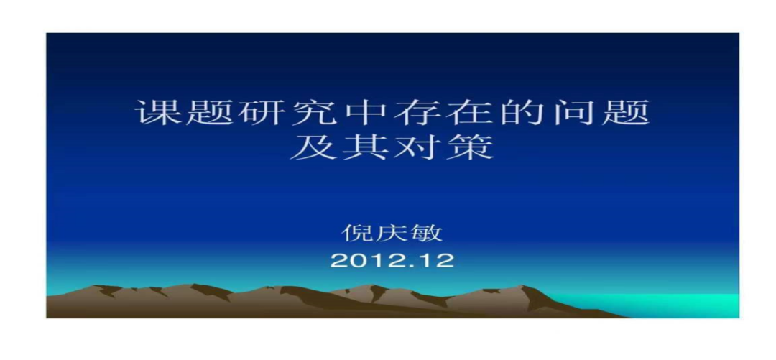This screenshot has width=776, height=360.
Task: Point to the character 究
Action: click(x=314, y=114)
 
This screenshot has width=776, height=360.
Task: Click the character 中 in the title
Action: click(x=366, y=114)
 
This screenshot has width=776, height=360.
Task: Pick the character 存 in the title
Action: click(x=419, y=114)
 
